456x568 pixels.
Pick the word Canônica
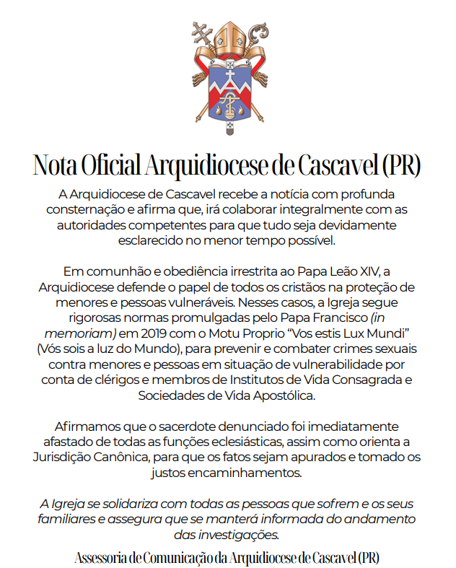(144, 458)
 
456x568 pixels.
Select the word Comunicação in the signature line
(204, 557)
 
